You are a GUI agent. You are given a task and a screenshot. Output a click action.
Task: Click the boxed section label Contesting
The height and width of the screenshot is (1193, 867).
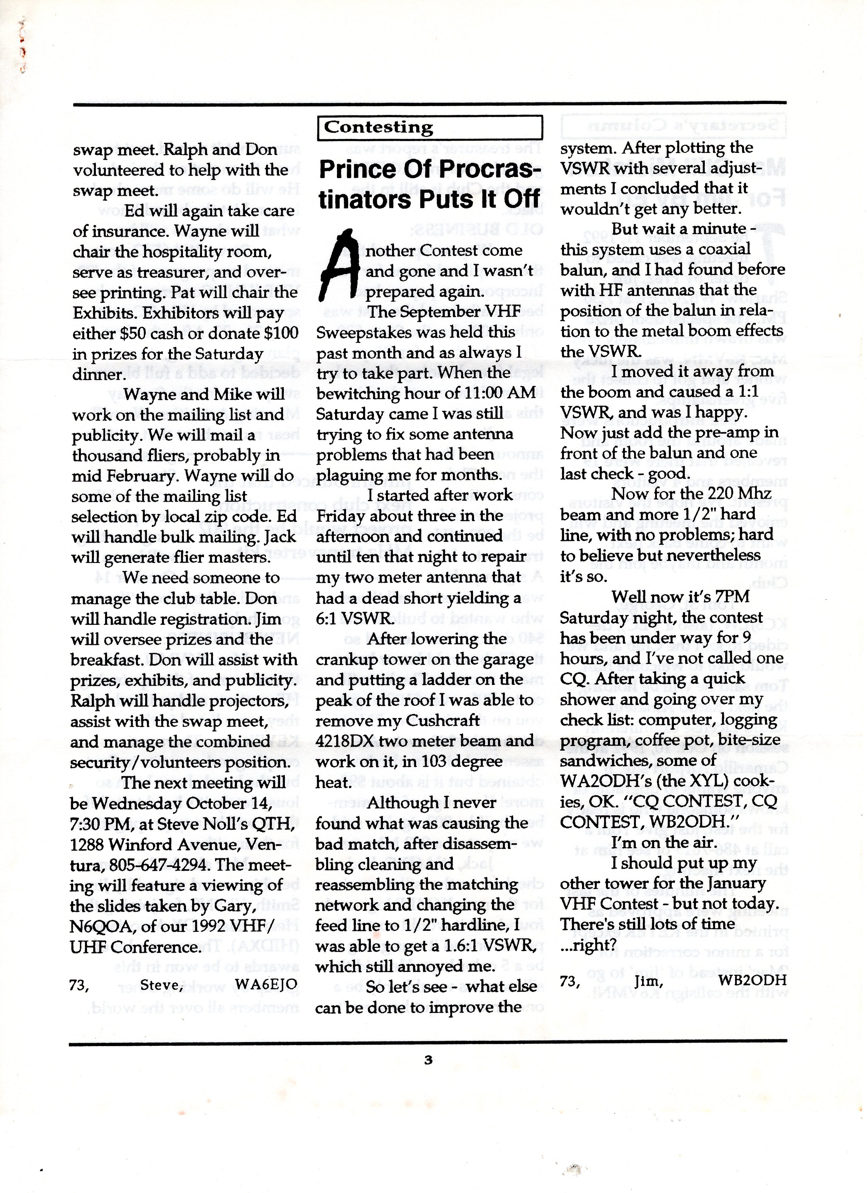(378, 127)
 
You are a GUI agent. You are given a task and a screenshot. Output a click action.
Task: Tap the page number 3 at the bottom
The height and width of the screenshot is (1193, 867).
(428, 1060)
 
